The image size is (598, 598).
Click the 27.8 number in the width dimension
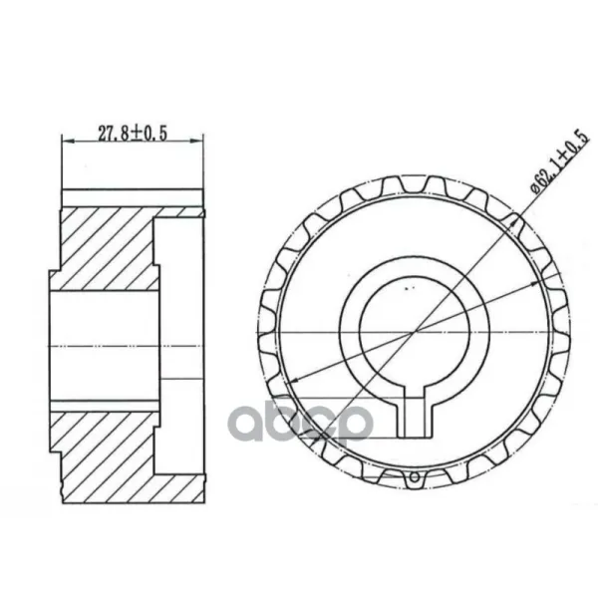click(x=114, y=134)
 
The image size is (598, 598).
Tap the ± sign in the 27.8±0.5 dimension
click(x=135, y=134)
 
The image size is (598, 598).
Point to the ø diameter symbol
click(x=535, y=188)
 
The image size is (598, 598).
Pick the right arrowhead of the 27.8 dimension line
click(x=196, y=142)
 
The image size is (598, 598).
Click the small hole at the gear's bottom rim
click(x=415, y=477)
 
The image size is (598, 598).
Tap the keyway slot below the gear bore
click(x=415, y=417)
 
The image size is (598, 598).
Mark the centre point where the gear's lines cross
click(x=415, y=332)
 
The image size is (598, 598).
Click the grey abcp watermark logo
click(x=301, y=424)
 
